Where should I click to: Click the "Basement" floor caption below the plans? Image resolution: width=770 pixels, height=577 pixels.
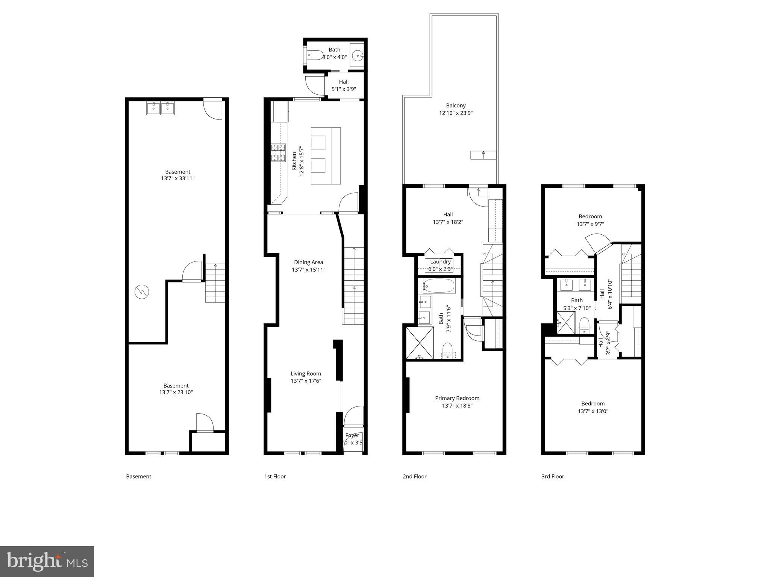point(138,476)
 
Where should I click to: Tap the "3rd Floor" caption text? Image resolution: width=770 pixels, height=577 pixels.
point(553,476)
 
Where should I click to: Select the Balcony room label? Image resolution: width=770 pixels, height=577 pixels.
point(456,106)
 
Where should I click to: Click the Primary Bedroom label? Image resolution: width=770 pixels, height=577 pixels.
point(457,398)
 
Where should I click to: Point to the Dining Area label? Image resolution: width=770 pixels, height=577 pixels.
point(308,262)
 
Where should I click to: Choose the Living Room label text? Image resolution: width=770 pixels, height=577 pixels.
point(306,373)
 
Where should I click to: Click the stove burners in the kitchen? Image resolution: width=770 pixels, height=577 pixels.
point(278,153)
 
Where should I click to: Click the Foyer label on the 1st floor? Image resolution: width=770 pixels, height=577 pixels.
point(352,435)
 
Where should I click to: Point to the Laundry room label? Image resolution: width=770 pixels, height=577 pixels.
point(440,262)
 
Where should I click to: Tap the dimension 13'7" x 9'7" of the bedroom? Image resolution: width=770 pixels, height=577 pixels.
point(590,224)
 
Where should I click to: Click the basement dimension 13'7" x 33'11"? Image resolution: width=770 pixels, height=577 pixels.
point(177,178)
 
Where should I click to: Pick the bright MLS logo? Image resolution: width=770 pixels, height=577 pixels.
point(47,561)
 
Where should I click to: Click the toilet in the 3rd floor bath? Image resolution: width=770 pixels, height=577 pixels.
point(584,325)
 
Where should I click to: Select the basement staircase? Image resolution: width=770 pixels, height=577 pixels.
point(215,283)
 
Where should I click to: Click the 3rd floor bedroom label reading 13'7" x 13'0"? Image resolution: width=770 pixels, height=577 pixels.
point(593,411)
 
